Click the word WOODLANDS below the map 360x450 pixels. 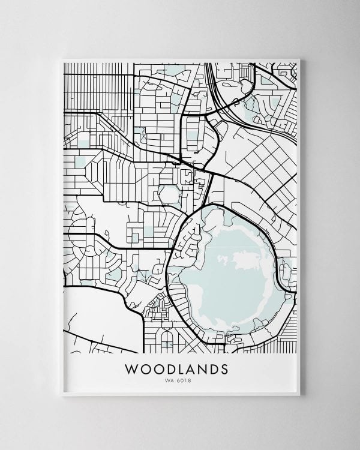(176, 367)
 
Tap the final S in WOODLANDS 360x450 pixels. (224, 367)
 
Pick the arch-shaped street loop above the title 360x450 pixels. (167, 341)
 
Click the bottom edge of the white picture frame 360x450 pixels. (180, 394)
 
